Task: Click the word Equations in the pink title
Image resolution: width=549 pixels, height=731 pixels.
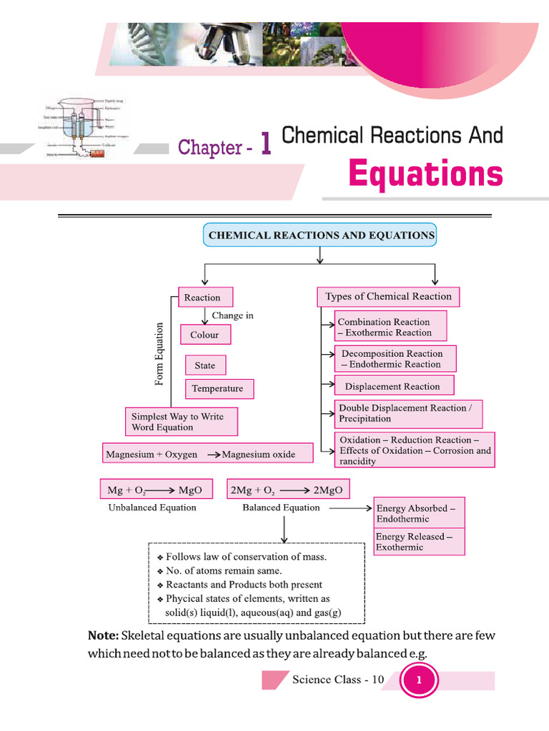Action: (x=425, y=173)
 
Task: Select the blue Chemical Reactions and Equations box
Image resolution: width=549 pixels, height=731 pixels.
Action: (x=320, y=235)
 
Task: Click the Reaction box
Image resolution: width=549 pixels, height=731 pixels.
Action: (x=204, y=298)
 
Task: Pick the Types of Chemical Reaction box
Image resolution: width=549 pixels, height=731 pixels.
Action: (x=388, y=296)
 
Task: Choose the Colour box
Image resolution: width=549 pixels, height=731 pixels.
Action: (x=206, y=335)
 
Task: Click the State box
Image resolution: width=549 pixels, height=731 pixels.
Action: (x=205, y=365)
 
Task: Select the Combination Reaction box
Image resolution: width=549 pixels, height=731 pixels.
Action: (x=390, y=327)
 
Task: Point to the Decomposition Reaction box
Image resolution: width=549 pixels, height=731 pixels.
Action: (x=395, y=359)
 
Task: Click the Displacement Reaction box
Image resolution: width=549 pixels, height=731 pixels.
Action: (x=394, y=386)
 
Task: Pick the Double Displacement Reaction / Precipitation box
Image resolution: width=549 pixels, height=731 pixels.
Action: (x=408, y=413)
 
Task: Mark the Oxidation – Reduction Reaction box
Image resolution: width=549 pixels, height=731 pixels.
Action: (x=415, y=450)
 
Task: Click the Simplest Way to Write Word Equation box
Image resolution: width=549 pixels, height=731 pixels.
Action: (x=181, y=422)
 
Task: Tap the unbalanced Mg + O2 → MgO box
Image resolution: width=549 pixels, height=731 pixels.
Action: (x=155, y=490)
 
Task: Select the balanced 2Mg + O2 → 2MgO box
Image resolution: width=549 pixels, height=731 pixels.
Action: (x=289, y=490)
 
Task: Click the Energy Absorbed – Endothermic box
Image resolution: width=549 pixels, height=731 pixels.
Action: (x=419, y=514)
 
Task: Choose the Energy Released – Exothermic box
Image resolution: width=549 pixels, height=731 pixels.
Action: (x=419, y=542)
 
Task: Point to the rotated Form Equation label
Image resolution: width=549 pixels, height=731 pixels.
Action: (x=159, y=355)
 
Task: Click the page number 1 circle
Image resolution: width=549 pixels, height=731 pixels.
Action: (x=419, y=680)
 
